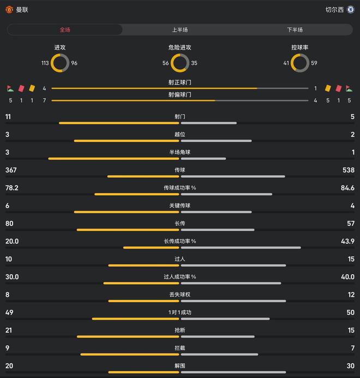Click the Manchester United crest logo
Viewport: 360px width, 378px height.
[x=9, y=10]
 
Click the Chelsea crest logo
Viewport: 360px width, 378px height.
[x=351, y=10]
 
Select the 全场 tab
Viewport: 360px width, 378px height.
[x=65, y=29]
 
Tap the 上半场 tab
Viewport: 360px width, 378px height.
[x=180, y=29]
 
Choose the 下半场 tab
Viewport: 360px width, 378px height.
[x=295, y=29]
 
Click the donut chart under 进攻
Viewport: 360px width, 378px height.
[x=60, y=63]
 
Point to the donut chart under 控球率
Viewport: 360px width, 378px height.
[x=300, y=63]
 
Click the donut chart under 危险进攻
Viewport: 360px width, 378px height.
[x=180, y=63]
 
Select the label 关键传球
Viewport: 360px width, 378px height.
[x=180, y=206]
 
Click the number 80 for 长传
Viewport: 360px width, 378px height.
[x=9, y=224]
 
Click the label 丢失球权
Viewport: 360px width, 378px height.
[x=180, y=295]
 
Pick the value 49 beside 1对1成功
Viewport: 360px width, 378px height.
[x=9, y=313]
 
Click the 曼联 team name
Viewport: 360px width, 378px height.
[x=22, y=10]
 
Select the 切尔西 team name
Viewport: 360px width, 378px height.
[x=334, y=10]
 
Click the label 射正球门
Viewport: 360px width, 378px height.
[x=180, y=82]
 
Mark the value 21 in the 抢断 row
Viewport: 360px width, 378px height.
[x=9, y=331]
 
